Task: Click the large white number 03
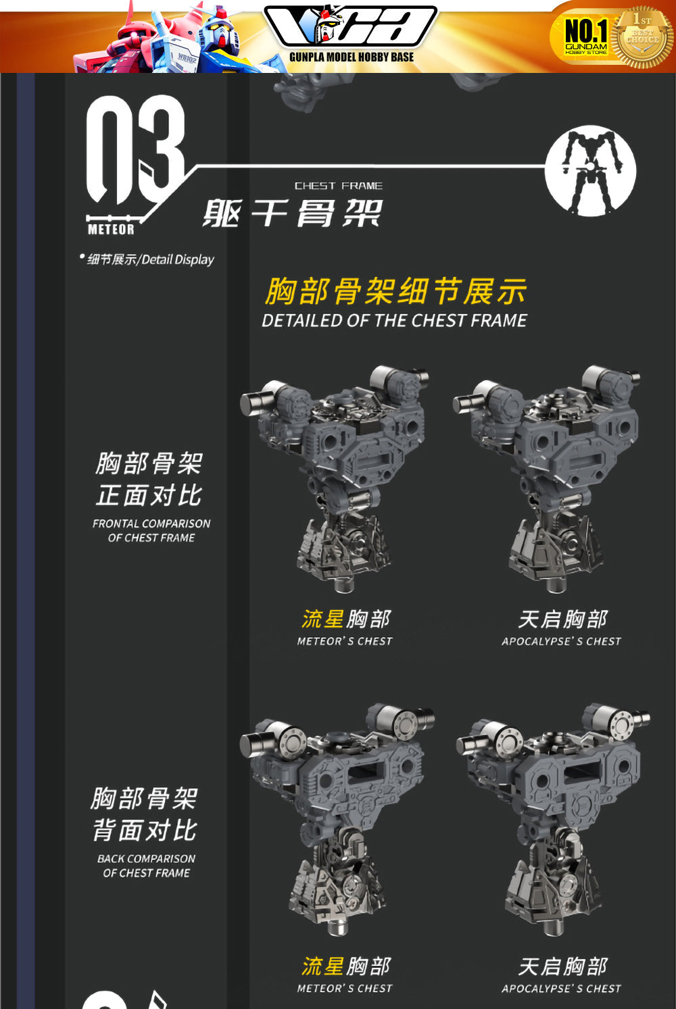pos(135,151)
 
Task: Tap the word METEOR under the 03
pos(111,229)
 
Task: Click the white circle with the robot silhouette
pos(590,170)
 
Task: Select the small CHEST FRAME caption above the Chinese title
pos(338,186)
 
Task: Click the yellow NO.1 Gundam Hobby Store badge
pos(585,37)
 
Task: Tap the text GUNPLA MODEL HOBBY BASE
pos(352,57)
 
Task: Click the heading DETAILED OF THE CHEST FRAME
pos(394,320)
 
